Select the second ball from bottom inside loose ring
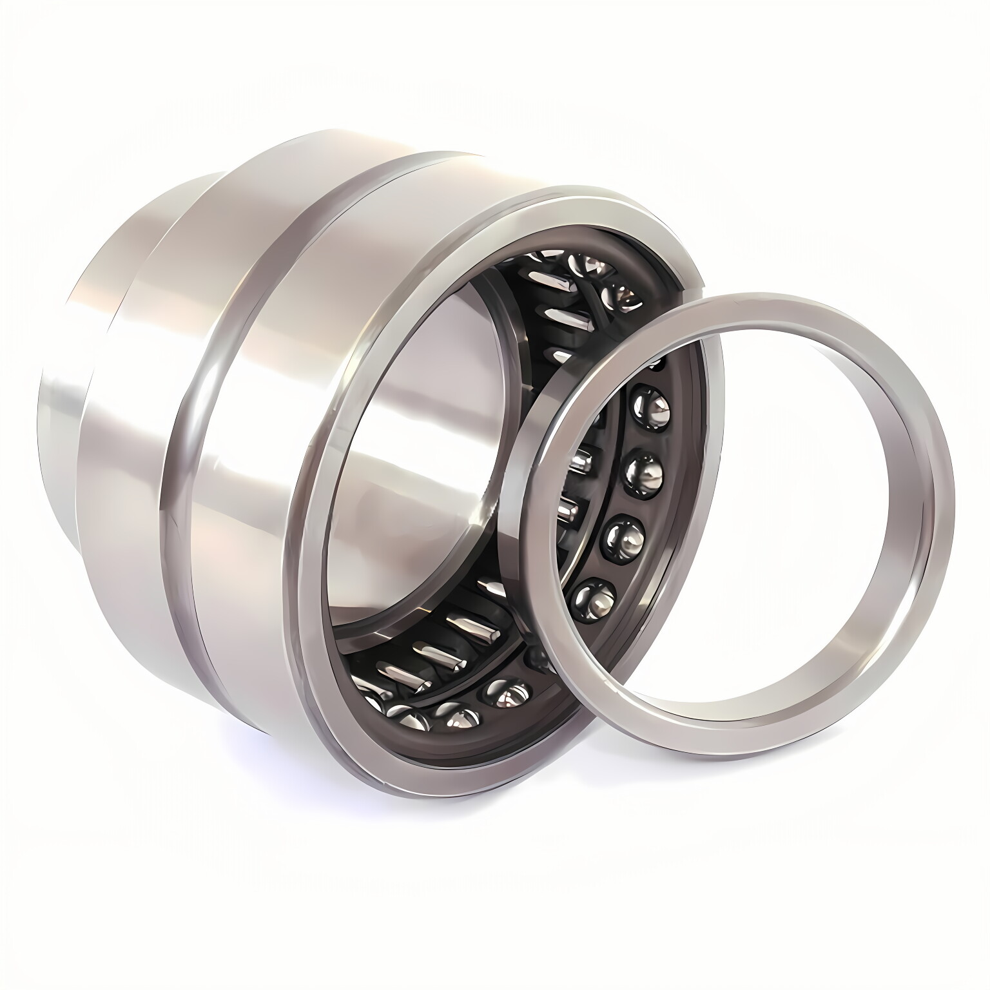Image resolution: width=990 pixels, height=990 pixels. coord(623,534)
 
